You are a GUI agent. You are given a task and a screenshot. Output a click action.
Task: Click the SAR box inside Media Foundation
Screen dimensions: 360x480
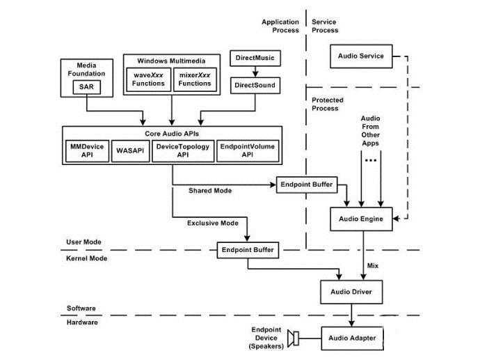tap(86, 86)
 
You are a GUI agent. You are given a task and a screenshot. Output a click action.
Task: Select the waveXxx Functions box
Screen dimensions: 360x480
tap(147, 79)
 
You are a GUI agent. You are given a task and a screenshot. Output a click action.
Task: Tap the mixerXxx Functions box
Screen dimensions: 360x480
tap(194, 79)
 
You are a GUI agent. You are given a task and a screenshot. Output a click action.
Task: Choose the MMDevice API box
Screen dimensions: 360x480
tap(87, 151)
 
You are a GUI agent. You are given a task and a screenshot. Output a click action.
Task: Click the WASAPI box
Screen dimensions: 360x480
tap(130, 151)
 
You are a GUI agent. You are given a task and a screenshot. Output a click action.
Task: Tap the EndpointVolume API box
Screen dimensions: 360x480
tap(247, 151)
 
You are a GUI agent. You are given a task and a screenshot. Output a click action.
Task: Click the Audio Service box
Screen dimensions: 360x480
tap(360, 56)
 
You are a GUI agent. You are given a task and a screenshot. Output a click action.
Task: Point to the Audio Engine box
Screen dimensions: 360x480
tap(361, 219)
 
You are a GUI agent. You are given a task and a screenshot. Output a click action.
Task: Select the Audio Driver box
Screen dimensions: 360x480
tap(351, 292)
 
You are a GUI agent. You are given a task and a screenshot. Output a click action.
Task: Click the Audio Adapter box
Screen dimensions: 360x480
tap(352, 339)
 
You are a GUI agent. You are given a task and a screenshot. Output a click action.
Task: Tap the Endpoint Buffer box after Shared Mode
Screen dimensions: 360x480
tap(306, 185)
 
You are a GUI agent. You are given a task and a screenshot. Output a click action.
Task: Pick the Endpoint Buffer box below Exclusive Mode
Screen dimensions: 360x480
tap(248, 249)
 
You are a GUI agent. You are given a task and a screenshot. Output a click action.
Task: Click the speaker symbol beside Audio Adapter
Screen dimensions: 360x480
tap(296, 339)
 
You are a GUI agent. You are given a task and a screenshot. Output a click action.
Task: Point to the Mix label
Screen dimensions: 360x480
tap(374, 265)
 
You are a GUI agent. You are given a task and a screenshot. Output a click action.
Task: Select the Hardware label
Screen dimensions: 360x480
tap(82, 322)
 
